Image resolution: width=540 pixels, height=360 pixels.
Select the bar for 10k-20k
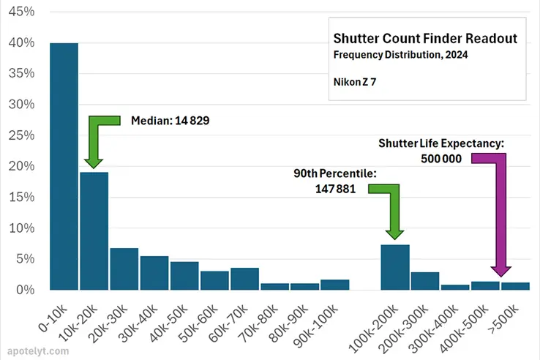(x=94, y=230)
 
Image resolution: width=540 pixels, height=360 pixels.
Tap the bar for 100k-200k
(x=395, y=267)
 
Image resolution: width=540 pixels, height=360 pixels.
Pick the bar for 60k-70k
(x=244, y=279)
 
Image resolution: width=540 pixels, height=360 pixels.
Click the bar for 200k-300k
(x=425, y=281)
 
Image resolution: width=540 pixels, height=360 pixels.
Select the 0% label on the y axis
(x=25, y=290)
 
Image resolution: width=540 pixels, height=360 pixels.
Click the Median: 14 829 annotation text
(x=168, y=121)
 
